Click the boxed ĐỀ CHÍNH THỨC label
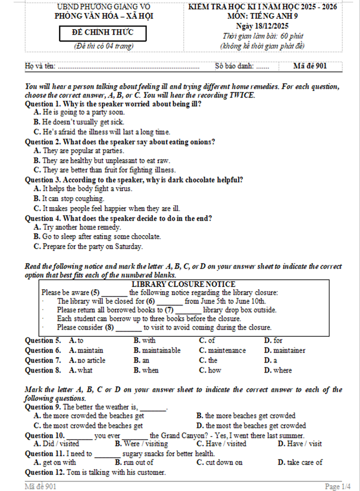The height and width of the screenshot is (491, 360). click(x=103, y=33)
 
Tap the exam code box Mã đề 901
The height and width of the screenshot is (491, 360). click(x=310, y=66)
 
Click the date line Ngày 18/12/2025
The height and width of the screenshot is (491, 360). click(x=262, y=26)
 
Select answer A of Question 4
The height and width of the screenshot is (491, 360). click(x=77, y=227)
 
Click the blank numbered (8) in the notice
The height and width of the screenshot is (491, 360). click(x=128, y=328)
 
